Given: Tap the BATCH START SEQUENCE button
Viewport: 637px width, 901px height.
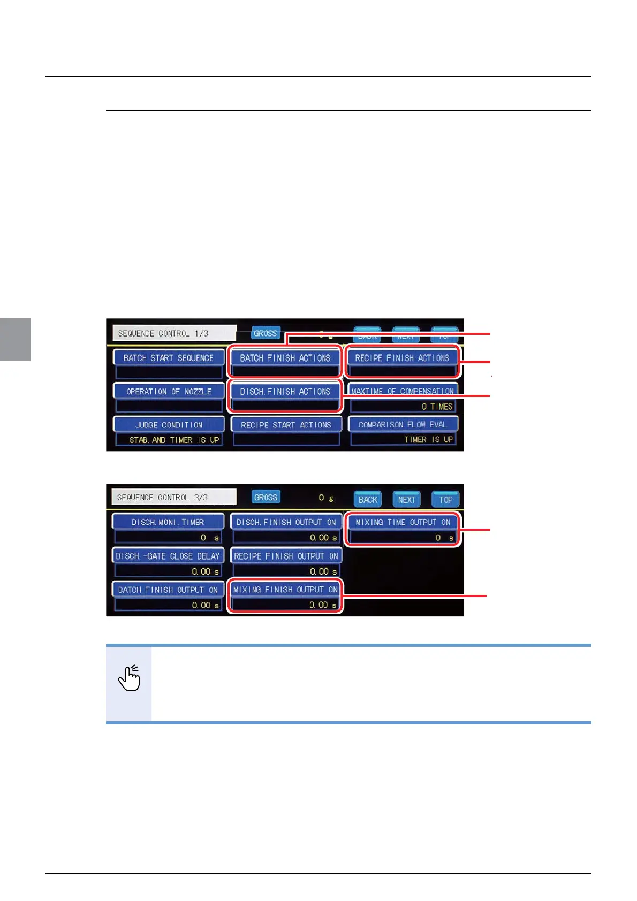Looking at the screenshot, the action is click(168, 358).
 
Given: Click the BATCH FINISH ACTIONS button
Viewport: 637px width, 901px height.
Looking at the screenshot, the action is click(285, 358).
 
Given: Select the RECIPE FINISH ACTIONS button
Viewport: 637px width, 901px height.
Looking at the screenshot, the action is click(402, 358).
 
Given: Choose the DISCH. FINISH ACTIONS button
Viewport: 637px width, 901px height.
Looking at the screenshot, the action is click(285, 392).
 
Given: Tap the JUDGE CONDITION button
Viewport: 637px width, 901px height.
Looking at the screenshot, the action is click(168, 425).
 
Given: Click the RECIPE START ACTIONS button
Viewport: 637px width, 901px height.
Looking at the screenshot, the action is click(286, 425).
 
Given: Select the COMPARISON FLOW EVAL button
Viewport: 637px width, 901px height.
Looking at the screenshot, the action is click(403, 425).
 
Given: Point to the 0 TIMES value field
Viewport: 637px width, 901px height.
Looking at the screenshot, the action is click(403, 407).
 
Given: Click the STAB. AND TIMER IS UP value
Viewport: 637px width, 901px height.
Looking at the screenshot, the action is click(169, 440).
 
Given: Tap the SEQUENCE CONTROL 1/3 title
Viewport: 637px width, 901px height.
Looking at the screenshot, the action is click(173, 333).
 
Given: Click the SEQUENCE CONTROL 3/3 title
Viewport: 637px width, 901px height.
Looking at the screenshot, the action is click(173, 497).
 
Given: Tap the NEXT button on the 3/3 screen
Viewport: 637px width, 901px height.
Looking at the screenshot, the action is click(406, 500).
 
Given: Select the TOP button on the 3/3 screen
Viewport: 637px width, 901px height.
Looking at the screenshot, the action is click(445, 500).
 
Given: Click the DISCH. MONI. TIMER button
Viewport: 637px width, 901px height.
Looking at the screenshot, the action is click(168, 522).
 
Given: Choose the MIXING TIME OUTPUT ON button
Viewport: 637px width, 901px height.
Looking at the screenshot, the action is click(403, 522).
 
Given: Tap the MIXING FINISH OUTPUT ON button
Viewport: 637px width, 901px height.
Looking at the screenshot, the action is click(285, 590).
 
